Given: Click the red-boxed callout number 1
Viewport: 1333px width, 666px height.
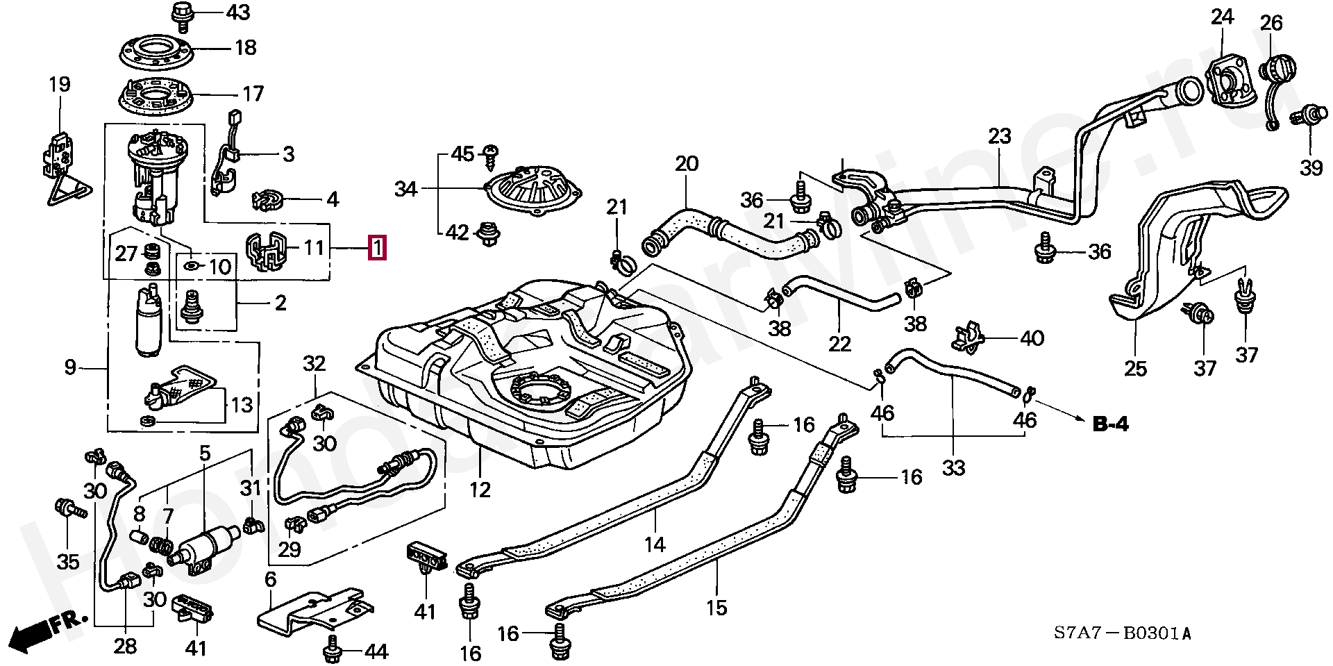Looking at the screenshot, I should coord(376,248).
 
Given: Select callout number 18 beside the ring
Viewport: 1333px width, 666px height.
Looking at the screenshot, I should coord(245,48).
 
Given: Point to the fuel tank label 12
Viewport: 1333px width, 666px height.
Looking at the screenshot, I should coord(480,490).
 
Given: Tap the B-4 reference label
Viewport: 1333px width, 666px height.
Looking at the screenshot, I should coord(1110,424).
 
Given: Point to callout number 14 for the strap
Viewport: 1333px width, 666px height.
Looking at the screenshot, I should coord(655,544).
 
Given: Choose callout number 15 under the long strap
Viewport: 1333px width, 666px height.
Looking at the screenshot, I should coord(716,608).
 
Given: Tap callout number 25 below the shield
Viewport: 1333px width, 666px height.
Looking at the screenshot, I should coord(1136,368).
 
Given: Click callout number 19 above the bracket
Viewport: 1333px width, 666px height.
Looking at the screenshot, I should coord(60,85).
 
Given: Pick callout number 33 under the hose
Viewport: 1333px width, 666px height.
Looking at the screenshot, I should coord(954,468).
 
